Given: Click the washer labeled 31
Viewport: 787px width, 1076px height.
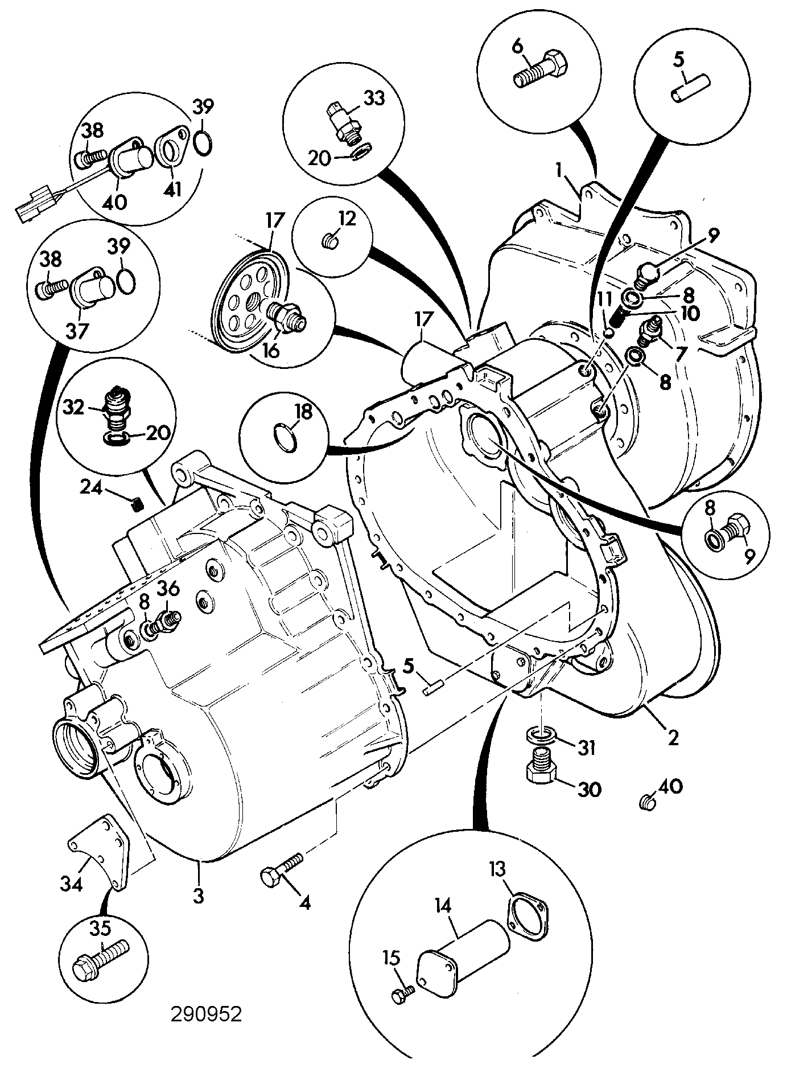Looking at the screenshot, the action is pos(539,735).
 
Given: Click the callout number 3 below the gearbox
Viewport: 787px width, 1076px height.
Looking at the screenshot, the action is pos(198,897).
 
